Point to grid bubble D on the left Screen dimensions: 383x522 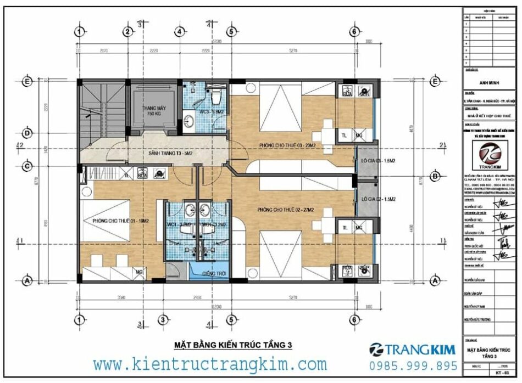[26, 132]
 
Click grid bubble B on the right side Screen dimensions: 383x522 [435, 176]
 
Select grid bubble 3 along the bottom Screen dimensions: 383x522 [163, 319]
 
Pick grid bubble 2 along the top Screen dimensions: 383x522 [127, 31]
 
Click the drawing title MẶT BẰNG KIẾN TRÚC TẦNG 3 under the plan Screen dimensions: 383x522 [233, 345]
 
